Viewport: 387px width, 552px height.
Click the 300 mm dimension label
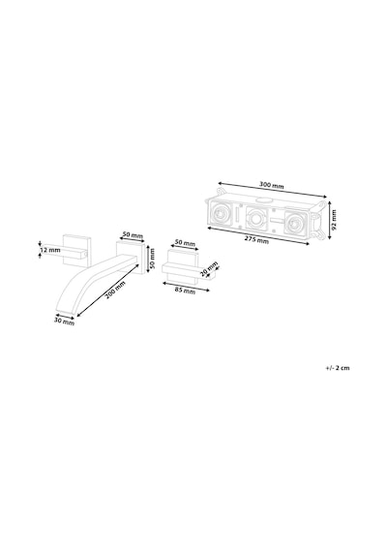click(271, 185)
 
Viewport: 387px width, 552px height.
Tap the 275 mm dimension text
click(256, 240)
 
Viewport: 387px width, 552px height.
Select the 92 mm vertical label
click(334, 220)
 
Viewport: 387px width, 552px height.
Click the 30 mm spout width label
click(64, 322)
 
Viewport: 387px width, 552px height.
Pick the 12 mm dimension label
click(50, 250)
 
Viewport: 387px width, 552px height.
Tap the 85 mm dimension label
click(185, 291)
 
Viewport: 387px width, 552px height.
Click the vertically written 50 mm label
click(152, 259)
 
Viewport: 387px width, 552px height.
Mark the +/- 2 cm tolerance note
click(338, 368)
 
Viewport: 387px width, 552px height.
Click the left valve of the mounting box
click(221, 214)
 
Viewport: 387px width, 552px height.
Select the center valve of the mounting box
click(257, 219)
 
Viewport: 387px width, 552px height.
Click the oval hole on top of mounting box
click(263, 200)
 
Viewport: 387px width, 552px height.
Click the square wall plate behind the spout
click(131, 257)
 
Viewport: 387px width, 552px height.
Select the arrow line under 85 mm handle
click(186, 286)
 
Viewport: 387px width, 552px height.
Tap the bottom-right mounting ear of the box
click(319, 233)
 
